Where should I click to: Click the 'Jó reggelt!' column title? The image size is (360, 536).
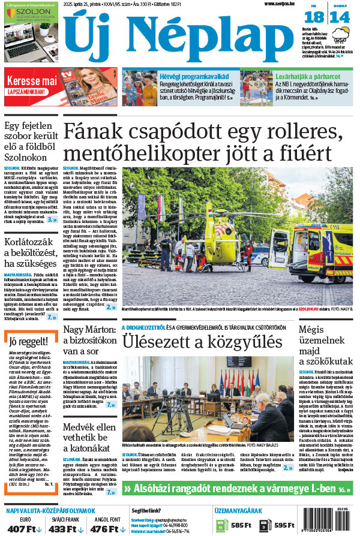pos(27,342)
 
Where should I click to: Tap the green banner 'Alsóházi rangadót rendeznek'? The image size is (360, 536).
pos(237,489)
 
